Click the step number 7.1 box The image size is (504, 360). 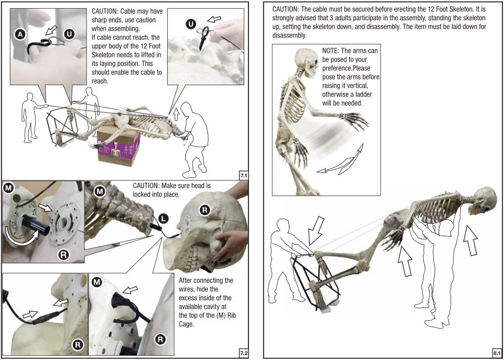click(243, 174)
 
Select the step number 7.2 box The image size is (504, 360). click(243, 353)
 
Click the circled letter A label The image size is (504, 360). click(20, 34)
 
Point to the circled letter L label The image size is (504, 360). click(164, 220)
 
